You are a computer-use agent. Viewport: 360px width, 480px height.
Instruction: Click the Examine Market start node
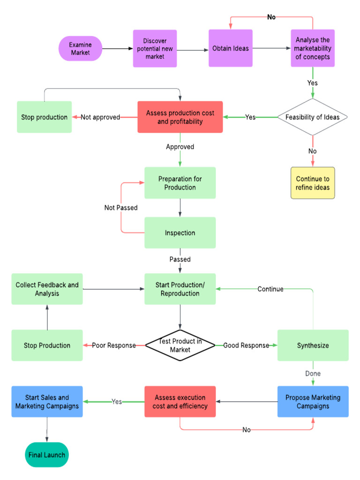[80, 49]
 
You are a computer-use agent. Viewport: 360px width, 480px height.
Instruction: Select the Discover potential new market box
[155, 49]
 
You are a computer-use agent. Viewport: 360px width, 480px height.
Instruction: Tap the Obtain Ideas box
[230, 49]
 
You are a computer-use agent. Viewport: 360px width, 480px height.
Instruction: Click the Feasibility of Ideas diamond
[312, 117]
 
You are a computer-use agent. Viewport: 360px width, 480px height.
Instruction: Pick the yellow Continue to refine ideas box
[313, 183]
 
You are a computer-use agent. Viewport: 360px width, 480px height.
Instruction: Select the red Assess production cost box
[180, 117]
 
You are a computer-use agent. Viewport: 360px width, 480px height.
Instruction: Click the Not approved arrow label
[100, 117]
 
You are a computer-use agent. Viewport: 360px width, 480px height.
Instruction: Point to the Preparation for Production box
[180, 183]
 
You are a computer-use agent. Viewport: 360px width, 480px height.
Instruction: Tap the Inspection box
[180, 232]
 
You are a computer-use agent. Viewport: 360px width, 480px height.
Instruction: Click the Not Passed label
[121, 207]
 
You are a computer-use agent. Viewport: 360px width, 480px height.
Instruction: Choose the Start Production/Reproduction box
[180, 289]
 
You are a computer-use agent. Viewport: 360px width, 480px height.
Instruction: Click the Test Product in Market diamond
[180, 345]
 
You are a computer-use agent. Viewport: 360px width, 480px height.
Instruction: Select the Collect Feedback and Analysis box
[47, 289]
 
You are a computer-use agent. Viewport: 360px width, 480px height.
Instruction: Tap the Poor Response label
[113, 345]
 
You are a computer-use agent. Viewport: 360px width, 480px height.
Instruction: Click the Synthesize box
[313, 345]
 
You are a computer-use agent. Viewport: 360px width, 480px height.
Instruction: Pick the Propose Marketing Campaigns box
[313, 402]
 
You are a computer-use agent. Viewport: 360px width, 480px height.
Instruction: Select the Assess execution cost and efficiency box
[180, 402]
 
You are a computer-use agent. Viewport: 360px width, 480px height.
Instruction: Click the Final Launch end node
[47, 455]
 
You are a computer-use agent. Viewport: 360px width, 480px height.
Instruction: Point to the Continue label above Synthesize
[270, 289]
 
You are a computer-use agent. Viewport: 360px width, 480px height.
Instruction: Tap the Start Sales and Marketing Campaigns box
[47, 402]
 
